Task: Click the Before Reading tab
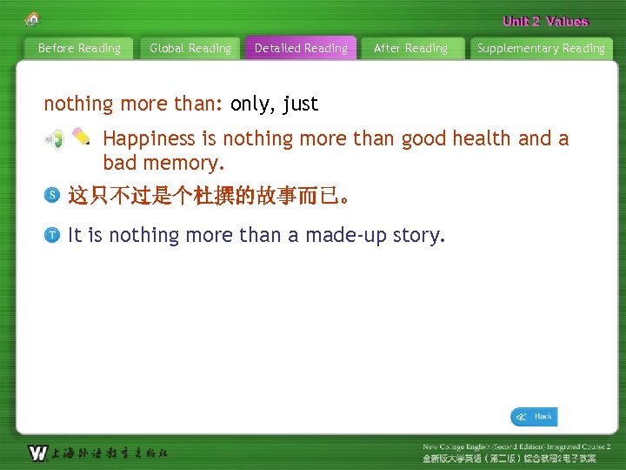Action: coord(79,49)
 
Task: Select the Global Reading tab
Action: coord(190,49)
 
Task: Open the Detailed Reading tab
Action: coord(301,49)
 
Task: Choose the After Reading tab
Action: coord(410,49)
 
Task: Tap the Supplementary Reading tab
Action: coord(541,49)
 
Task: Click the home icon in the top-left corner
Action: coord(33,18)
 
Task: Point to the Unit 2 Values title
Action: coord(545,21)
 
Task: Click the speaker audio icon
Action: coord(54,139)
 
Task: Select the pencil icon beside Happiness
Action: coord(81,137)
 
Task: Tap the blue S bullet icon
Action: coord(52,197)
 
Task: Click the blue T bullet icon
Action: coord(52,235)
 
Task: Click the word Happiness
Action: coord(149,139)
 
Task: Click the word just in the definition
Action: coord(300,104)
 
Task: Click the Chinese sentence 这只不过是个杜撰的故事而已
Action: coord(209,197)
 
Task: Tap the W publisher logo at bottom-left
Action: coord(37,453)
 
